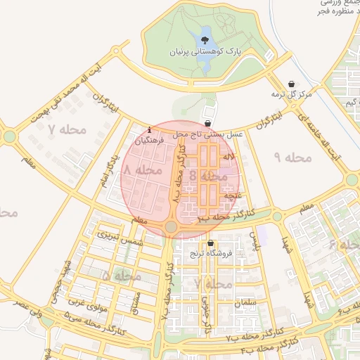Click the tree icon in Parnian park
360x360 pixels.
tap(205, 40)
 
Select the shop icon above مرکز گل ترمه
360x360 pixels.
tap(292, 84)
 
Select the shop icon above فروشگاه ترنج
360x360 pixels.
tap(210, 243)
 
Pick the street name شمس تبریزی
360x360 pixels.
tap(120, 238)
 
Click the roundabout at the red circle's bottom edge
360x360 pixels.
tap(172, 226)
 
